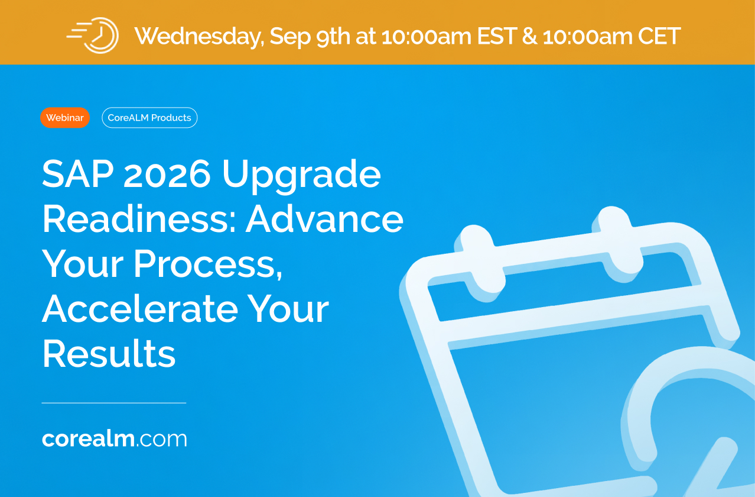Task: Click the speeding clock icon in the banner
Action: point(93,35)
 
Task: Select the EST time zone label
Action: point(497,35)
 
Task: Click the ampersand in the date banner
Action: point(530,35)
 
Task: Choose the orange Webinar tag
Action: point(65,118)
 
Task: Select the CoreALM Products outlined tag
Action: point(149,118)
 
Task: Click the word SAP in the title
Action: point(78,173)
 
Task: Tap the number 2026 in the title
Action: point(167,174)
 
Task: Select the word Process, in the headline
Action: point(208,264)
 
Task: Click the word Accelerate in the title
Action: point(140,309)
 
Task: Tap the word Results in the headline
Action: point(109,353)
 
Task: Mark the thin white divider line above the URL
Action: point(114,403)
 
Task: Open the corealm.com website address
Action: point(114,439)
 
